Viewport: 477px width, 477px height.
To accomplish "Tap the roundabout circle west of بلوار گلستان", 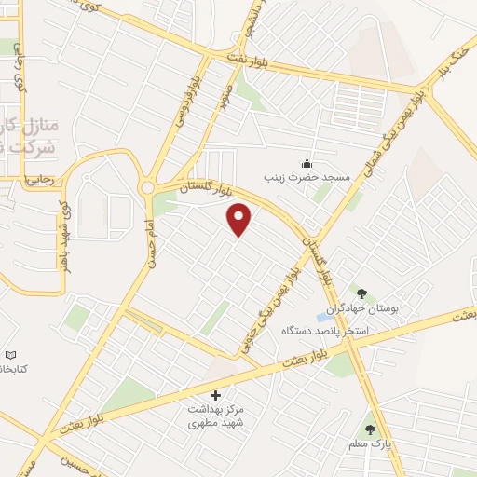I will click(146, 188).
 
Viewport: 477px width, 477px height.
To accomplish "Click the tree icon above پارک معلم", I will click(370, 429).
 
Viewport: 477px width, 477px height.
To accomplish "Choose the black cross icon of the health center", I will click(216, 396).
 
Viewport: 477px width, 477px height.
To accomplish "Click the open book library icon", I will click(11, 355).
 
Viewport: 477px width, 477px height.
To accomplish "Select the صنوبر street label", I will click(224, 96).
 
